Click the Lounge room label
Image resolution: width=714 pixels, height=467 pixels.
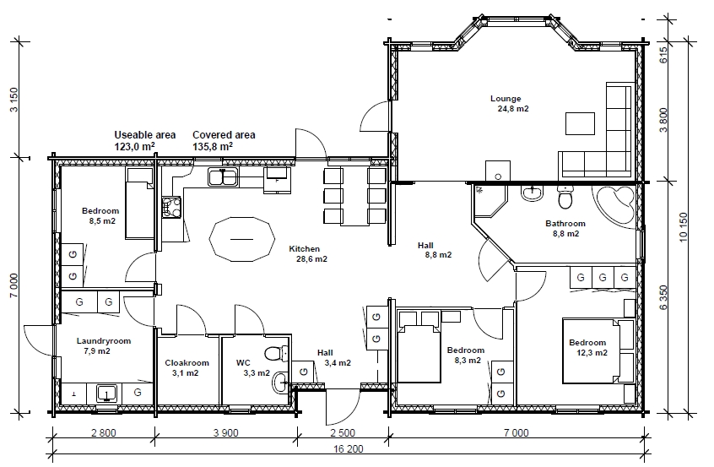click(506, 99)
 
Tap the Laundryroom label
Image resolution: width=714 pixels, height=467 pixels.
click(103, 341)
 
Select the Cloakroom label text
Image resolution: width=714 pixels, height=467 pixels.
click(187, 362)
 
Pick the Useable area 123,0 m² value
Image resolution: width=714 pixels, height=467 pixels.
click(134, 146)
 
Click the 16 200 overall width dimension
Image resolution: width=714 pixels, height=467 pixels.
click(349, 448)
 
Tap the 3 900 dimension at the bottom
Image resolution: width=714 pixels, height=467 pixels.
click(225, 432)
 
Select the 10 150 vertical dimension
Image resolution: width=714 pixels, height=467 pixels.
click(683, 227)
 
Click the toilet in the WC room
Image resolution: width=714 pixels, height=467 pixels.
click(275, 353)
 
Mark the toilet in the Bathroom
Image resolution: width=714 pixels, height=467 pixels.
click(565, 197)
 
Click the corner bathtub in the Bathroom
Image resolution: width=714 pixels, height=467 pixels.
click(614, 206)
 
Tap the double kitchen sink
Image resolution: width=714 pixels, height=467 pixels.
click(223, 176)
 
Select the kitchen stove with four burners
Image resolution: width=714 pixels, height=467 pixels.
click(171, 206)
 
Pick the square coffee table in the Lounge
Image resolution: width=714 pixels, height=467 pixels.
click(580, 123)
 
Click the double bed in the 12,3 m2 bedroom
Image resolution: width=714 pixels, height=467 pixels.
click(592, 350)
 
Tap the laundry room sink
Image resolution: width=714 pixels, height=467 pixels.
click(106, 394)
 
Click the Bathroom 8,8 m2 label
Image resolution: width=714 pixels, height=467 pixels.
click(565, 228)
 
